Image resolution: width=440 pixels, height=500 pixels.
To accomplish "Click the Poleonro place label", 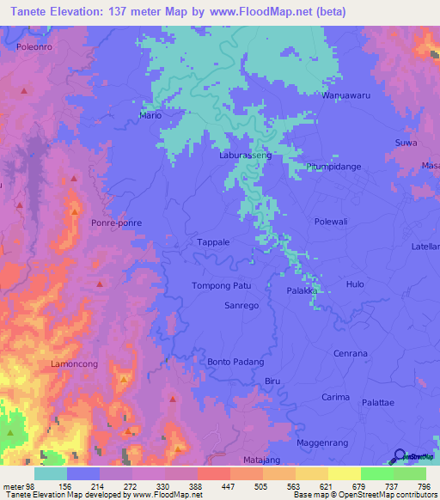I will pyautogui.click(x=35, y=48).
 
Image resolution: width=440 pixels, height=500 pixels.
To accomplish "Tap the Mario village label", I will pyautogui.click(x=150, y=114).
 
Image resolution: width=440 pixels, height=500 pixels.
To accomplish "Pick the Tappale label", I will pyautogui.click(x=214, y=242).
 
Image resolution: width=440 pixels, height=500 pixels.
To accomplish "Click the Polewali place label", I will pyautogui.click(x=355, y=221).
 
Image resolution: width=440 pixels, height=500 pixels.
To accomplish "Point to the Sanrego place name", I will pyautogui.click(x=241, y=305).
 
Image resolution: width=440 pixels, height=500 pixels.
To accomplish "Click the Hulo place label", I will pyautogui.click(x=354, y=284).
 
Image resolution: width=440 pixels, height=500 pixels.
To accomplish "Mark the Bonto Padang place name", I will pyautogui.click(x=235, y=363).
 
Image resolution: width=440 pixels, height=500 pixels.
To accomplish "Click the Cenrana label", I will pyautogui.click(x=350, y=353).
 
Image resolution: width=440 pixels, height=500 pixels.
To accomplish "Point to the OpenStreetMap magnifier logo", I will pyautogui.click(x=398, y=455).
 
